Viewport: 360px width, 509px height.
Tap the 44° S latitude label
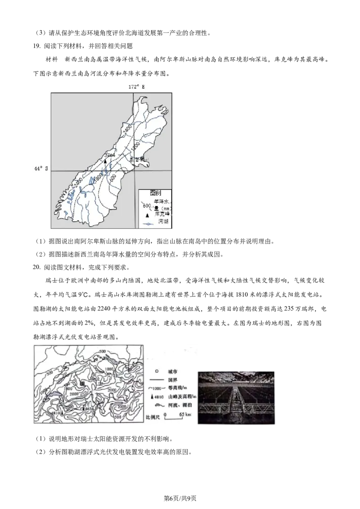point(41,169)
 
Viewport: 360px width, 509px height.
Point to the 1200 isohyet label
point(134,146)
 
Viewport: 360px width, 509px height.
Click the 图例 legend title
point(155,192)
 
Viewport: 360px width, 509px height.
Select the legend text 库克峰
point(162,214)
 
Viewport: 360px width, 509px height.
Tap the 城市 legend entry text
point(172,371)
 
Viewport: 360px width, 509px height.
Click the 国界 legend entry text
point(172,380)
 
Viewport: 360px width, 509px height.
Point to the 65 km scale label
point(179,414)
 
